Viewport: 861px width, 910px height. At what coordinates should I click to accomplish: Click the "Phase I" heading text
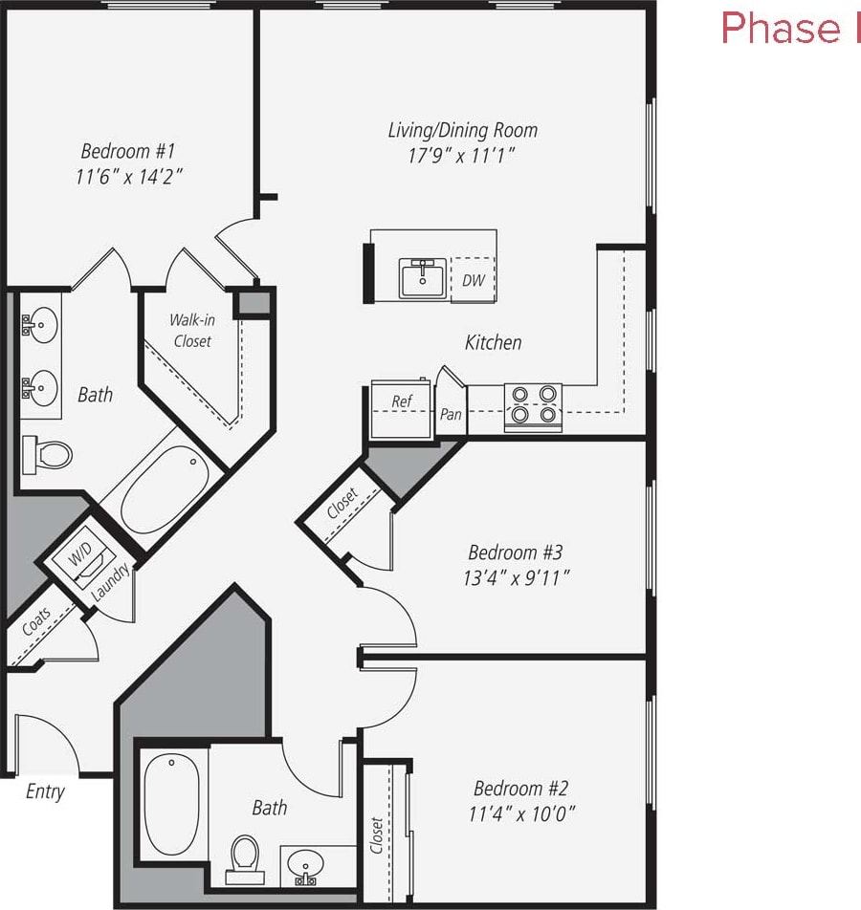(790, 29)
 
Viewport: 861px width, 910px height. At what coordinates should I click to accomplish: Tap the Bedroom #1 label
(128, 151)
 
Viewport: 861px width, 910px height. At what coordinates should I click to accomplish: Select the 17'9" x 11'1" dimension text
(462, 156)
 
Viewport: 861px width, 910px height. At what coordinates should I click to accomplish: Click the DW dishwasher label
(473, 281)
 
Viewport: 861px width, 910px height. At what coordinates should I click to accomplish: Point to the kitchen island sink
(422, 278)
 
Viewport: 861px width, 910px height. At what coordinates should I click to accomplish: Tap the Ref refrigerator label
(402, 401)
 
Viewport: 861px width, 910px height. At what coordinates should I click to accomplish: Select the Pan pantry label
(451, 415)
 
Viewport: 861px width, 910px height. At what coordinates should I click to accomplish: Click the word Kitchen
(493, 342)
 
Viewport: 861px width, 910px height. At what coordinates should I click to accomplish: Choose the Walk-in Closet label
(190, 331)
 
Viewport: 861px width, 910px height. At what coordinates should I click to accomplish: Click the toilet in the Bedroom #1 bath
(48, 454)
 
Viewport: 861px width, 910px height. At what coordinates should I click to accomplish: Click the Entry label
(45, 791)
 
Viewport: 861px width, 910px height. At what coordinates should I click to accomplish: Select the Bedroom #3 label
(515, 552)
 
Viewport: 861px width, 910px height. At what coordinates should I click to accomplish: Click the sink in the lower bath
(305, 864)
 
